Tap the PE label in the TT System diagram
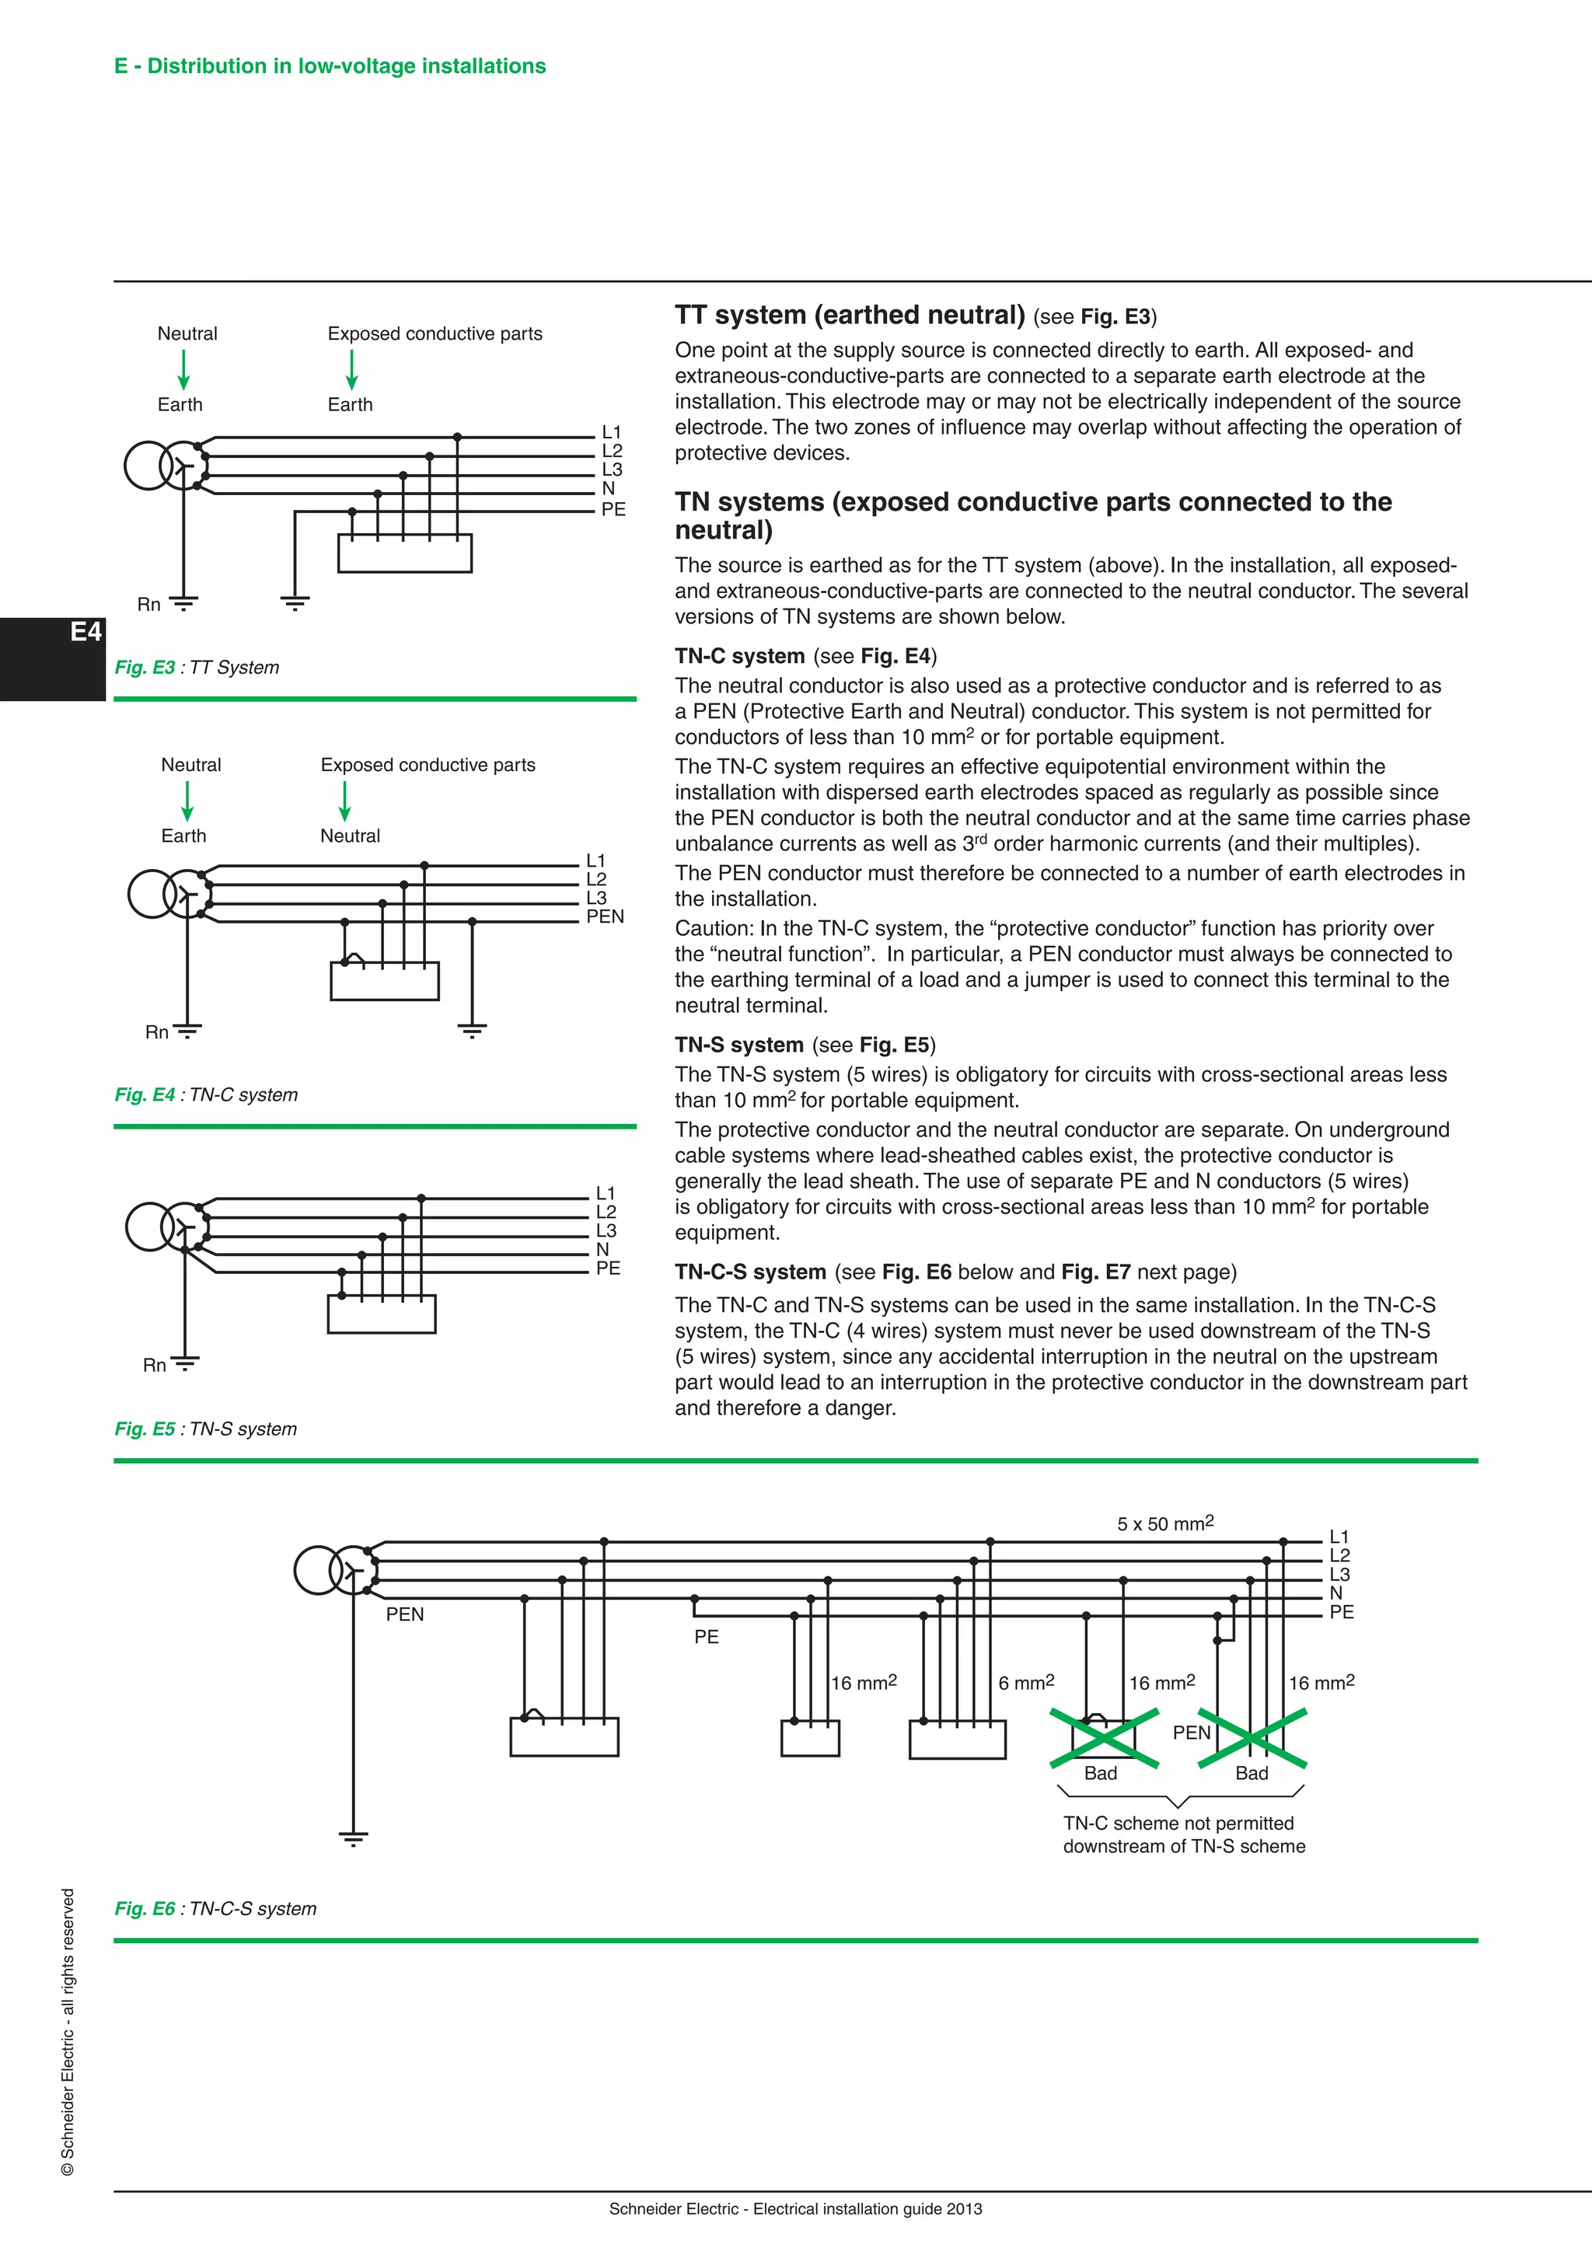(x=613, y=509)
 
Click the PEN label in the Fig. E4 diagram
(x=605, y=916)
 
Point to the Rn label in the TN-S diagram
(x=154, y=1365)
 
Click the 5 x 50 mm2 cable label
(x=1164, y=1523)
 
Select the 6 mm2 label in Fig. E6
(x=1025, y=1682)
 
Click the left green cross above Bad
(x=1104, y=1738)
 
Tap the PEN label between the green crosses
(x=1191, y=1733)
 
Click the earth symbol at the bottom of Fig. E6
(x=353, y=1838)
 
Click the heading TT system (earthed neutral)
(x=849, y=315)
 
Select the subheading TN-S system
(x=738, y=1045)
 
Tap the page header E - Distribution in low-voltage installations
(x=330, y=66)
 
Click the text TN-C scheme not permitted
(x=1178, y=1823)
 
